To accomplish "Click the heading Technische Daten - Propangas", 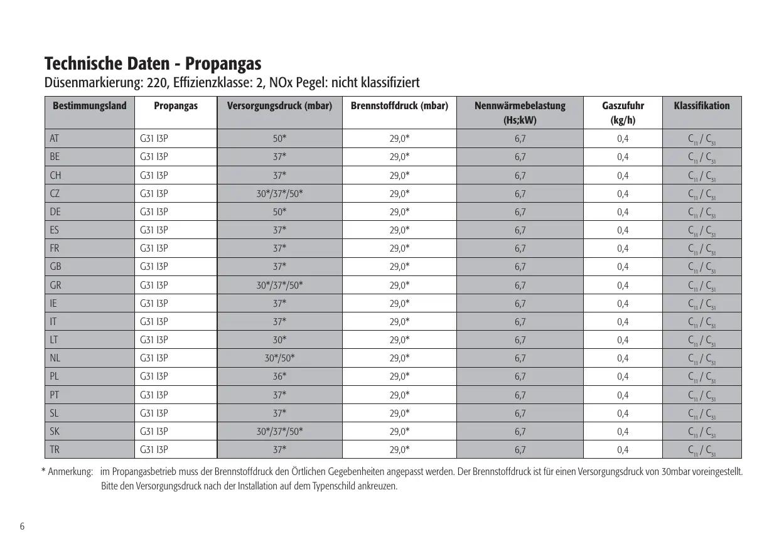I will point(153,64).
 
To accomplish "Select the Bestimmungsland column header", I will point(90,105).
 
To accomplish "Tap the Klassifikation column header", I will point(701,105).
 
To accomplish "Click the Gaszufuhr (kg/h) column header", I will point(623,112).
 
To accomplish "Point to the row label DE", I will point(55,211).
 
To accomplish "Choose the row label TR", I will point(55,449).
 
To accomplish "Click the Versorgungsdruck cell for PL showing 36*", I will point(279,376).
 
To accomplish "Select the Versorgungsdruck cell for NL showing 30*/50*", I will point(279,358).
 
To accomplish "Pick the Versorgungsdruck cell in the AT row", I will point(279,139).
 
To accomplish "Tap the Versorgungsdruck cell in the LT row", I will point(279,340).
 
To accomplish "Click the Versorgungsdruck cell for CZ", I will point(279,193).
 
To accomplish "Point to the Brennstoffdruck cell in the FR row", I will point(399,248).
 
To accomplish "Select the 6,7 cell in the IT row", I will point(520,322).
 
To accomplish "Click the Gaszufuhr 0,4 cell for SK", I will point(623,431).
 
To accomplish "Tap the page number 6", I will point(22,526).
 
